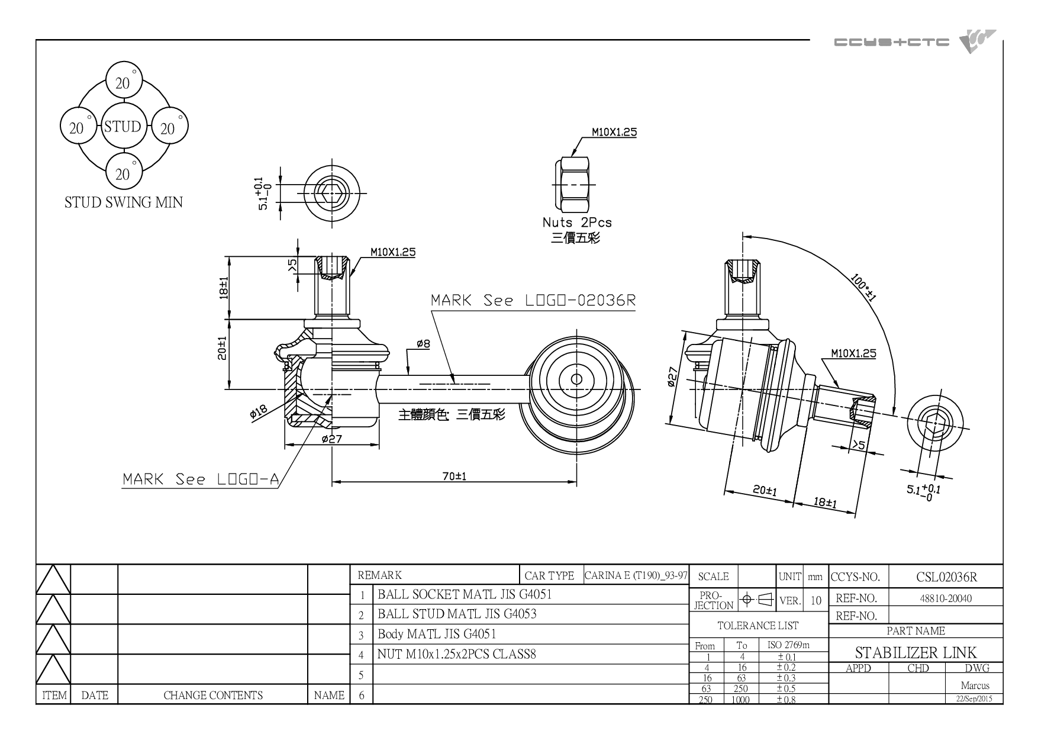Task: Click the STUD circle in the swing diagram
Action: click(x=123, y=127)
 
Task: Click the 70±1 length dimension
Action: click(x=454, y=476)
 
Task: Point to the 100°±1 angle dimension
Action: click(x=863, y=288)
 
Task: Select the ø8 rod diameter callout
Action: click(x=423, y=343)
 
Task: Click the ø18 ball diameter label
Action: click(x=259, y=411)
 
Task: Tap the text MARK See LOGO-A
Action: click(x=200, y=479)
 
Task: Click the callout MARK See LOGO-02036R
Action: click(x=533, y=300)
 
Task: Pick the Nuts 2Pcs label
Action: click(x=577, y=223)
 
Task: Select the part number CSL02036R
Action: click(x=946, y=577)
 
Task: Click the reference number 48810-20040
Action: click(x=946, y=598)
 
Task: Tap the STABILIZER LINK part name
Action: click(x=915, y=652)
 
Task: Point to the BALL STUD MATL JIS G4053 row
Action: click(x=457, y=614)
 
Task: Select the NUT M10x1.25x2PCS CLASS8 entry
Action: click(x=456, y=655)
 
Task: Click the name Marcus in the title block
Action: click(x=975, y=686)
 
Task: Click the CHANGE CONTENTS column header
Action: click(x=213, y=696)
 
